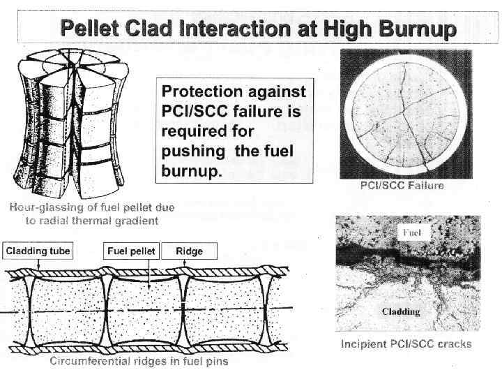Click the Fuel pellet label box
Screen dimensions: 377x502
131,251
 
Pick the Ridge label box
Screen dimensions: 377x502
190,251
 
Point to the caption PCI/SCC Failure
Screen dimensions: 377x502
401,186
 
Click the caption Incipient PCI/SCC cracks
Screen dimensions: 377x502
406,343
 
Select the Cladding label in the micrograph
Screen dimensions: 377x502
401,311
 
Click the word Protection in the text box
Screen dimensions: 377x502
199,91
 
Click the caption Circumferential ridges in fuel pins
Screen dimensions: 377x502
139,361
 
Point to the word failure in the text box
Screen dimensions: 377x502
261,112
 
